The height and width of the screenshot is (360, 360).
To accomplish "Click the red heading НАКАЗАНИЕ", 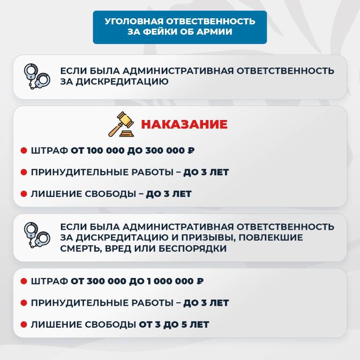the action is (184, 124).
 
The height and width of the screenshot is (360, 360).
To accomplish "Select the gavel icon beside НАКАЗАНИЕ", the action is (121, 124).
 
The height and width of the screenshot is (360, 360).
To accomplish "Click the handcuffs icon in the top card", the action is (37, 76).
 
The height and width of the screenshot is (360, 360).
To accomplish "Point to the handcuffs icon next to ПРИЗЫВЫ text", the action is (37, 235).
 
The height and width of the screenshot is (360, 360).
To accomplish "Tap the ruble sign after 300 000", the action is (191, 150).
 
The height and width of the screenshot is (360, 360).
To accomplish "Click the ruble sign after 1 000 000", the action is (200, 281).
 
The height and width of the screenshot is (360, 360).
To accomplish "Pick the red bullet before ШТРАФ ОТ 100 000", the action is (24, 150).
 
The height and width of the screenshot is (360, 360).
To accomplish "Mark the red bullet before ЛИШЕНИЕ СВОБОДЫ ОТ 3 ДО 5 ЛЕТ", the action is (24, 324).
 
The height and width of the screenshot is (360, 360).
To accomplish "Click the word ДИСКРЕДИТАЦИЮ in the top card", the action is (122, 82).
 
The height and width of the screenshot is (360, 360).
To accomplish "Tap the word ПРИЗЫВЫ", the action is (208, 238).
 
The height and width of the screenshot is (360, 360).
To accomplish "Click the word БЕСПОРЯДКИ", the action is (192, 248).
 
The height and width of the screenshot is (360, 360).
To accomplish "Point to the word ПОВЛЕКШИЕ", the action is (270, 238).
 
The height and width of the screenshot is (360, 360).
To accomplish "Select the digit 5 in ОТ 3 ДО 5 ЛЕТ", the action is (184, 325).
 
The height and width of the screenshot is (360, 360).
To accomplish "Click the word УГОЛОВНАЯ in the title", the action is (134, 21).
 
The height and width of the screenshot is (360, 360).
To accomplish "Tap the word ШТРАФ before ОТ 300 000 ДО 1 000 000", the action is (49, 281).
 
